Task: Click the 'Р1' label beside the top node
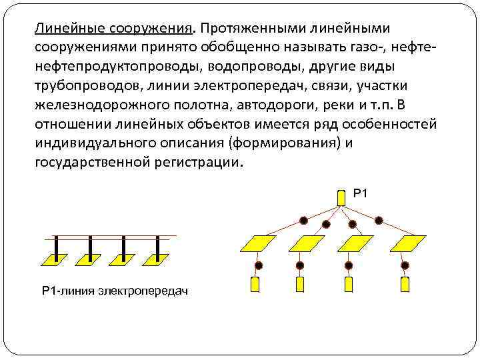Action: coord(360,193)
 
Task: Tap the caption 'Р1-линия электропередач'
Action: coord(115,291)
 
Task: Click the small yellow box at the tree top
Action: coord(341,198)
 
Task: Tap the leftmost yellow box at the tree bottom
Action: coord(254,285)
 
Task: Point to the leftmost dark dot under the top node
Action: coord(304,219)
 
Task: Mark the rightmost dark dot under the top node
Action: coord(379,219)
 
